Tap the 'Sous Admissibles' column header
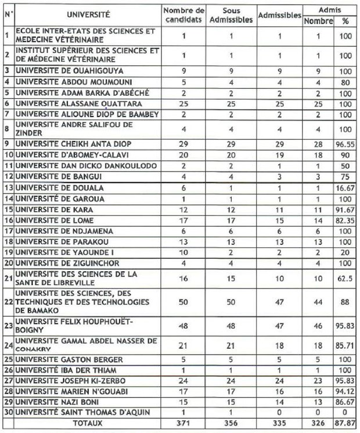(x=237, y=15)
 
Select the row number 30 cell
(x=8, y=413)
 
